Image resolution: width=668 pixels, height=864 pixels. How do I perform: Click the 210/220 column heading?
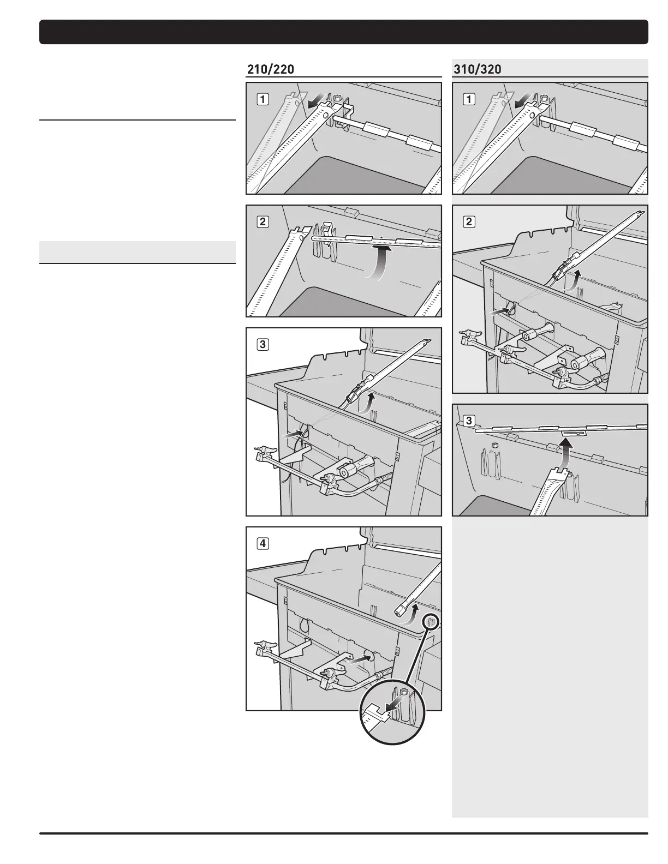pyautogui.click(x=271, y=69)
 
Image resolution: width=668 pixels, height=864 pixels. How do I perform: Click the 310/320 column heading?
pyautogui.click(x=477, y=69)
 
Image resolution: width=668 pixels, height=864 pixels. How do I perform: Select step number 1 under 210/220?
pyautogui.click(x=263, y=99)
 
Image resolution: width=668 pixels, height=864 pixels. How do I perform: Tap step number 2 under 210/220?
pyautogui.click(x=263, y=222)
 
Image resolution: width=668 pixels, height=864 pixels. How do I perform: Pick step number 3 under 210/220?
pyautogui.click(x=263, y=344)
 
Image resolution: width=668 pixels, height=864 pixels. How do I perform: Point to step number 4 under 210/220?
pyautogui.click(x=263, y=543)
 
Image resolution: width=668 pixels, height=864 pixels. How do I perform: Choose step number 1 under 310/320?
pyautogui.click(x=469, y=99)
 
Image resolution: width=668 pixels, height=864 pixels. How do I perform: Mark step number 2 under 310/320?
pyautogui.click(x=469, y=222)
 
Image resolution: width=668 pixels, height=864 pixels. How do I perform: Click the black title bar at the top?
pyautogui.click(x=344, y=32)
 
